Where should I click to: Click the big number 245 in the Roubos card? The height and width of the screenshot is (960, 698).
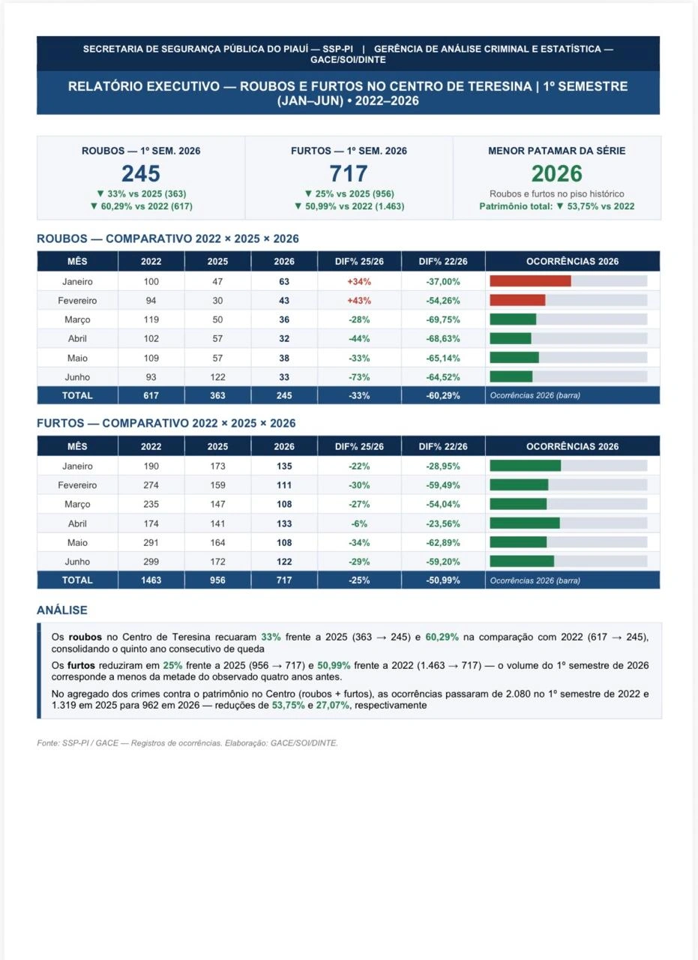(140, 173)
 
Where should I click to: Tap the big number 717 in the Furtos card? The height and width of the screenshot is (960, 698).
(349, 173)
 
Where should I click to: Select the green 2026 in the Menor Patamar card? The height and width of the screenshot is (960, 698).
(556, 173)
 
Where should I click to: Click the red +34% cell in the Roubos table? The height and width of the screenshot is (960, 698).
(359, 281)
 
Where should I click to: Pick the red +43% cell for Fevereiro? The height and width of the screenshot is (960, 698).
(359, 301)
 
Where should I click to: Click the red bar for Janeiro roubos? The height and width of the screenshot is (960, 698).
(531, 281)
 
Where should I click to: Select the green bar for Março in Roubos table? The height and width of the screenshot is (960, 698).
(513, 319)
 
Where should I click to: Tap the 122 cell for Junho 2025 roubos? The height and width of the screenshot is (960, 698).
(217, 377)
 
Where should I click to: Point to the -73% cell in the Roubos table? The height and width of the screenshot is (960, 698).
(359, 377)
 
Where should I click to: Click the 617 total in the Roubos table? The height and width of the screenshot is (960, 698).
(151, 395)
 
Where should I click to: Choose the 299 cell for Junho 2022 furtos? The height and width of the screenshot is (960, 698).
(151, 562)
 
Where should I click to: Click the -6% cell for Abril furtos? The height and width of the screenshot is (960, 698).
(359, 523)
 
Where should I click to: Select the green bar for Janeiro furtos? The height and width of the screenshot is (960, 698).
(526, 466)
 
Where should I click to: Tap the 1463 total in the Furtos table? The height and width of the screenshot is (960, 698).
(151, 580)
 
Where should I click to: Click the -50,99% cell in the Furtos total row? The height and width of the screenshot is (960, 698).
(443, 580)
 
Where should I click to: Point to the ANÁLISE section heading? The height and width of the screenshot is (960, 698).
(62, 610)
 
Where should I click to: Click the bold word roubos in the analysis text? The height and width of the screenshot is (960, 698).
(85, 637)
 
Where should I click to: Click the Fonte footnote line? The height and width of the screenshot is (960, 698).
(187, 742)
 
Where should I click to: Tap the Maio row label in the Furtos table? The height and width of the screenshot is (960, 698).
(77, 542)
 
